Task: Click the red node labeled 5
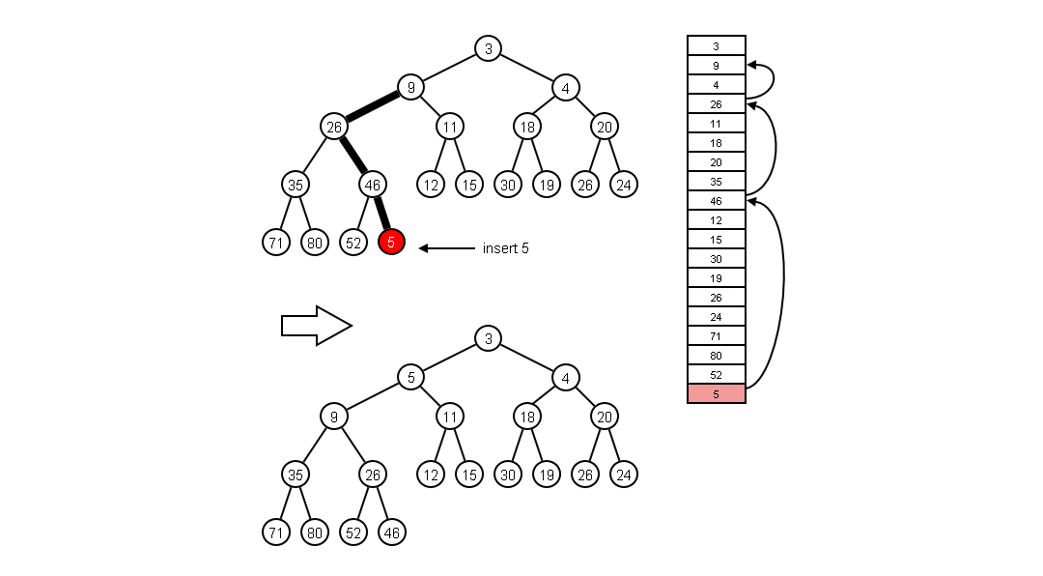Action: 391,242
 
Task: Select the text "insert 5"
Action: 505,248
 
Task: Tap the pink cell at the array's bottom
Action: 716,393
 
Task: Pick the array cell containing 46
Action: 716,201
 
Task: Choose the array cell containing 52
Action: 716,375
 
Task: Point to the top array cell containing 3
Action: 716,45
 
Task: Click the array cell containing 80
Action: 716,356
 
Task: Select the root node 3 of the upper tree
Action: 488,48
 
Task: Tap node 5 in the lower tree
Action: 410,377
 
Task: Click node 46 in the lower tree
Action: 391,532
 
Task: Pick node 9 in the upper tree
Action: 410,88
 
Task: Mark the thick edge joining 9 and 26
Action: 372,107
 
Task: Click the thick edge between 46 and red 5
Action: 382,214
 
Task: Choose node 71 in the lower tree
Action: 275,532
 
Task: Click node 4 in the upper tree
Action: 565,88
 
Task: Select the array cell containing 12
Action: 716,220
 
